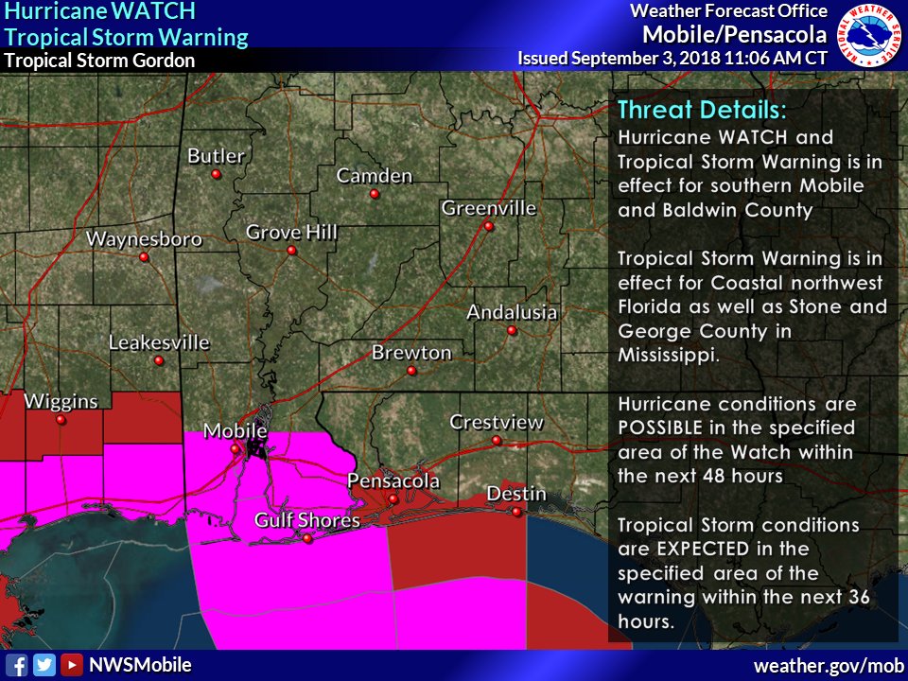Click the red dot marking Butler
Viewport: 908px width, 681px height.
pos(217,175)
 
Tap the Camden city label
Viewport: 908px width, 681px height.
pos(375,176)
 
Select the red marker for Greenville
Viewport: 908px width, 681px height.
pos(489,226)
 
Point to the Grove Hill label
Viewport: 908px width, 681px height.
pos(291,232)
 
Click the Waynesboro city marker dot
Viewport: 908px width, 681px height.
pos(144,257)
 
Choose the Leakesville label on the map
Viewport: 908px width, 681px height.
pos(159,342)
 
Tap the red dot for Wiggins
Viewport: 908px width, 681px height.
pos(61,419)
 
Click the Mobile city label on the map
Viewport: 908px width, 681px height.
pos(236,431)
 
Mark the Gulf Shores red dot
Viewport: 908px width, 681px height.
pos(307,538)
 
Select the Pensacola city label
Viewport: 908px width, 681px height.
pos(393,480)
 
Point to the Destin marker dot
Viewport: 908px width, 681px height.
pos(516,512)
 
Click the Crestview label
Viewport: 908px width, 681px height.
pos(496,422)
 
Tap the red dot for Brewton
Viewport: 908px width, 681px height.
pos(411,371)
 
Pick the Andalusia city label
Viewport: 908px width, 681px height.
pos(512,312)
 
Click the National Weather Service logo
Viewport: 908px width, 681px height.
pos(870,35)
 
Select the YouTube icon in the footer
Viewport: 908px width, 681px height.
pos(72,665)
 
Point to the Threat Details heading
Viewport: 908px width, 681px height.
pos(694,109)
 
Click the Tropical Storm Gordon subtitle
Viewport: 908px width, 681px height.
pos(99,61)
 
